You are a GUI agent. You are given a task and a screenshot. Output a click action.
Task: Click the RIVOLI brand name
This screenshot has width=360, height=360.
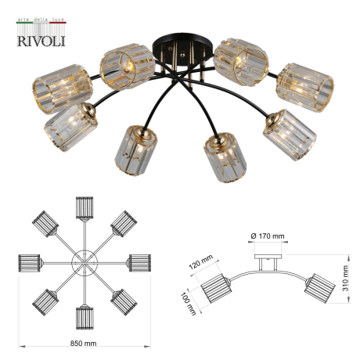(x=41, y=40)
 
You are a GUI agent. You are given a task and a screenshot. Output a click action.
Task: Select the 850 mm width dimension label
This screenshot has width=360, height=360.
(x=84, y=344)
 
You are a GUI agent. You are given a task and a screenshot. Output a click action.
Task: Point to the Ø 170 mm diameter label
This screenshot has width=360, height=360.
(x=268, y=235)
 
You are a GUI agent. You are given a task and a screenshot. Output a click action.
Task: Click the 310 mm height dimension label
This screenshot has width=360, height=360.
(x=345, y=275)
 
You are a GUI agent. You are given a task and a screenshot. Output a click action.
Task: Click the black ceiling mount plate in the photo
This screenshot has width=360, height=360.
(x=183, y=47)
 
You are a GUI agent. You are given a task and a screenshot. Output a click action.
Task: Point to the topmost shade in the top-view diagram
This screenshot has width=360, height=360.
(x=84, y=207)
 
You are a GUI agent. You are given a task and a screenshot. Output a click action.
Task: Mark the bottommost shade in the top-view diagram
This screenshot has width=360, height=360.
(x=84, y=318)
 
